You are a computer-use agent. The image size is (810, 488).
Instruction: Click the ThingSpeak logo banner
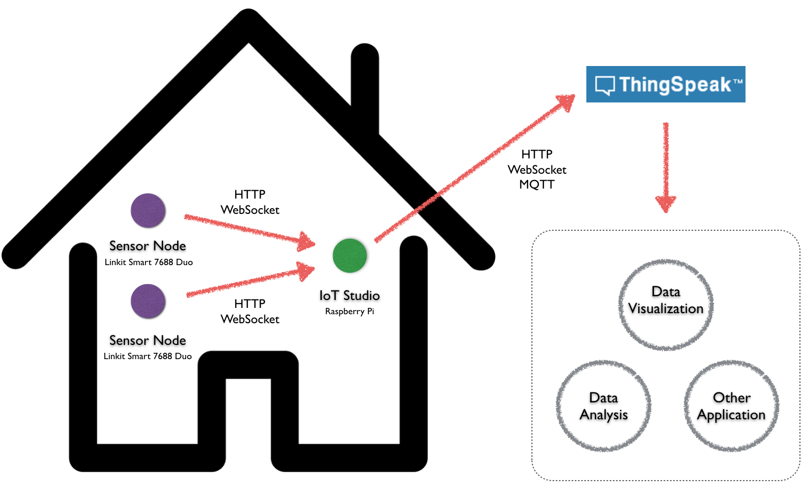(x=665, y=84)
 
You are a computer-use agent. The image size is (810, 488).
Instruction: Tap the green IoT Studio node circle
(x=349, y=256)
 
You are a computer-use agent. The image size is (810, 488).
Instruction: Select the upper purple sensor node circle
(x=148, y=210)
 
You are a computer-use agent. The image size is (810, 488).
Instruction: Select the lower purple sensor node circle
(x=148, y=301)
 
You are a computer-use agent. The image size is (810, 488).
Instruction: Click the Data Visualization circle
(x=666, y=304)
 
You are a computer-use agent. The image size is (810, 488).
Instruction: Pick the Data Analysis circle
(x=603, y=406)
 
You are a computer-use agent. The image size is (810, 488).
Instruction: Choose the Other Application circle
(x=731, y=406)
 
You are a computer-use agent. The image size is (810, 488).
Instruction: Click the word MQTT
(x=537, y=184)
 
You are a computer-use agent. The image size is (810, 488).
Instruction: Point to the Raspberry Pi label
(x=349, y=311)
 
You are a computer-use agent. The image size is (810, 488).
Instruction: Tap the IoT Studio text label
(x=349, y=295)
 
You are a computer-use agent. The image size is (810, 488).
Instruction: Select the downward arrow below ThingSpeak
(x=666, y=169)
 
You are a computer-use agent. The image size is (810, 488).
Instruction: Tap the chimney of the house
(x=365, y=85)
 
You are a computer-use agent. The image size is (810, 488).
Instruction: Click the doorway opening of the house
(x=248, y=412)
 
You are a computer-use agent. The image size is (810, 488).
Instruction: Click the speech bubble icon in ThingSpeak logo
(x=605, y=85)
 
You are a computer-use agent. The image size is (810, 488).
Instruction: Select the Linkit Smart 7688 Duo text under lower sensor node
(x=148, y=356)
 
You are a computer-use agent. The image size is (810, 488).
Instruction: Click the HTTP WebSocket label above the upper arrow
(x=250, y=202)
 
